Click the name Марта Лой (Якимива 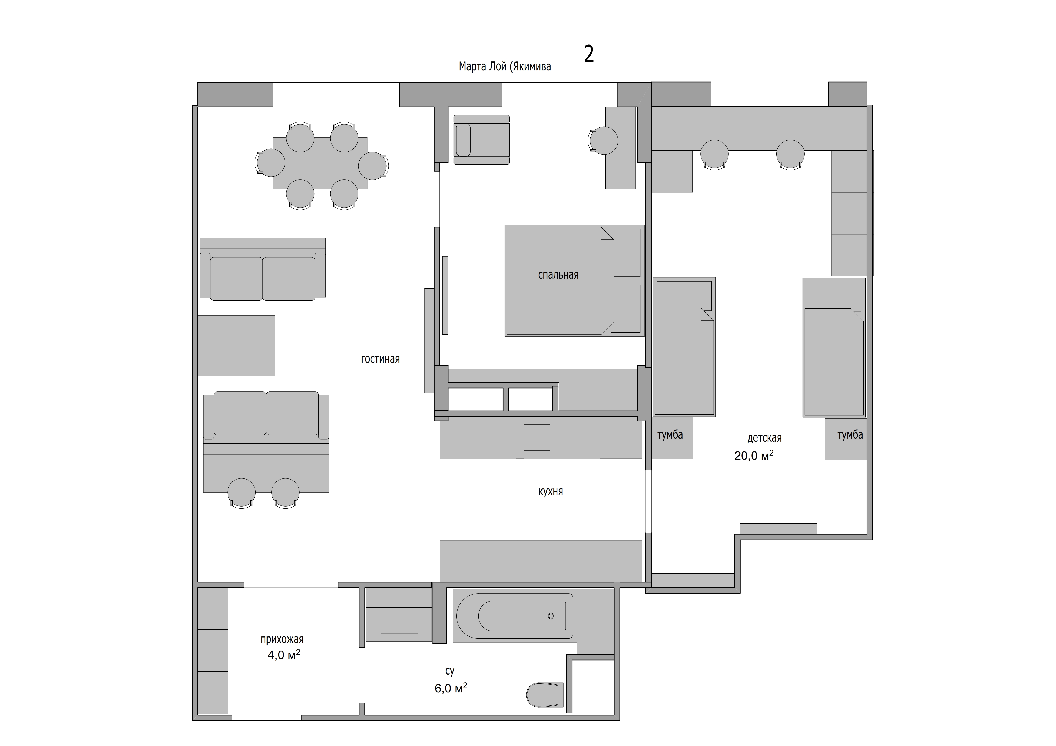505,67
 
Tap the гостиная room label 380,359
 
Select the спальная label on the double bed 558,275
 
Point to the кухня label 551,491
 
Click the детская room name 764,438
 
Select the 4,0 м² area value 284,655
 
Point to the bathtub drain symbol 551,616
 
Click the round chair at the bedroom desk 603,141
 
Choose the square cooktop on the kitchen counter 537,438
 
